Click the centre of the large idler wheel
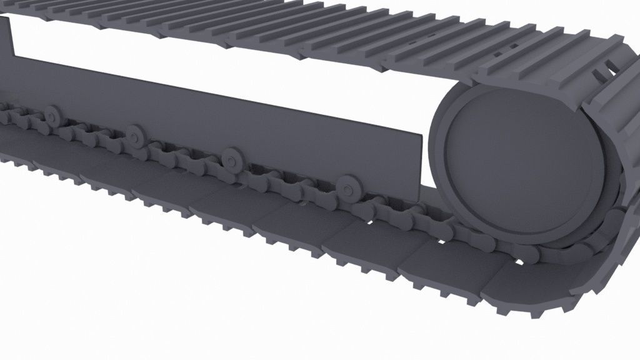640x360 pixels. pyautogui.click(x=522, y=164)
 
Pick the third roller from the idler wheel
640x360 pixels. pyautogui.click(x=134, y=134)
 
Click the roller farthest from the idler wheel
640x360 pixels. pyautogui.click(x=50, y=114)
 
